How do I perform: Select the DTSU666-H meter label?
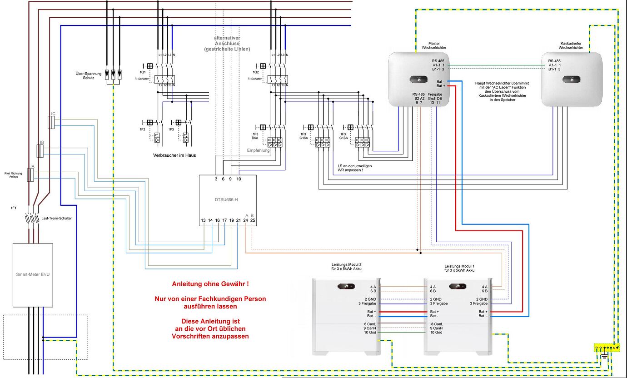228,199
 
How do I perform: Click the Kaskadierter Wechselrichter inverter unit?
571,80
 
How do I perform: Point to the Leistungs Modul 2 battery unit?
346,316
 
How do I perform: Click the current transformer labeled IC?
51,122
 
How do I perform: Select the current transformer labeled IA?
30,175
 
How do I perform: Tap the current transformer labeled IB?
40,151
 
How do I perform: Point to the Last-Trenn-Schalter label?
56,218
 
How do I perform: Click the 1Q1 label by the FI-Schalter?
142,72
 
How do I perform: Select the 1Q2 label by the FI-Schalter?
255,72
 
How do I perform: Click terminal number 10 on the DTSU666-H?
239,179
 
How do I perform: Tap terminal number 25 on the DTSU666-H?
253,220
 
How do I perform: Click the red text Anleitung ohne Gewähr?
210,284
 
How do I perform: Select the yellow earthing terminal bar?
606,348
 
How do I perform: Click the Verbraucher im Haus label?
174,155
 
